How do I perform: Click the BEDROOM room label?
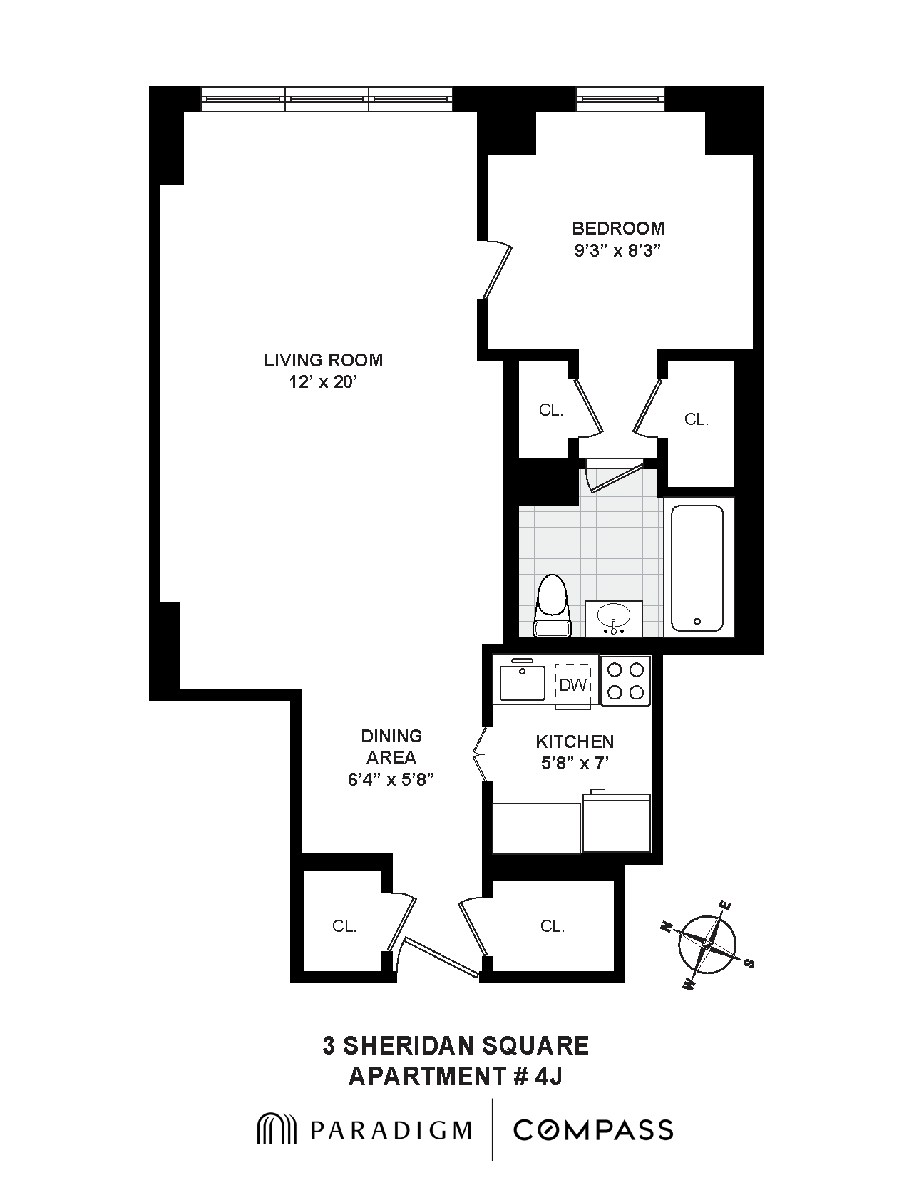pyautogui.click(x=617, y=228)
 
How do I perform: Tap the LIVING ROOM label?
pyautogui.click(x=323, y=360)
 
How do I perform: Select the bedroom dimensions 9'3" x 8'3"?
pyautogui.click(x=617, y=251)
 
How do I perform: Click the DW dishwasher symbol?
pyautogui.click(x=573, y=684)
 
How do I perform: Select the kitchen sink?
pyautogui.click(x=522, y=682)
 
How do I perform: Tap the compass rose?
pyautogui.click(x=707, y=945)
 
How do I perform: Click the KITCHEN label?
pyautogui.click(x=574, y=742)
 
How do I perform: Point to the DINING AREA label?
pyautogui.click(x=391, y=746)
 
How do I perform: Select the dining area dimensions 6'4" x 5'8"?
pyautogui.click(x=391, y=779)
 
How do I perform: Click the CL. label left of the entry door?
pyautogui.click(x=344, y=926)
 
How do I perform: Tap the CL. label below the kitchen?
pyautogui.click(x=552, y=926)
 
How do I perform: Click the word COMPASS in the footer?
pyautogui.click(x=593, y=1130)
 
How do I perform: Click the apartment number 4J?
pyautogui.click(x=548, y=1076)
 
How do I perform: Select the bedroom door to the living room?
pyautogui.click(x=498, y=271)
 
